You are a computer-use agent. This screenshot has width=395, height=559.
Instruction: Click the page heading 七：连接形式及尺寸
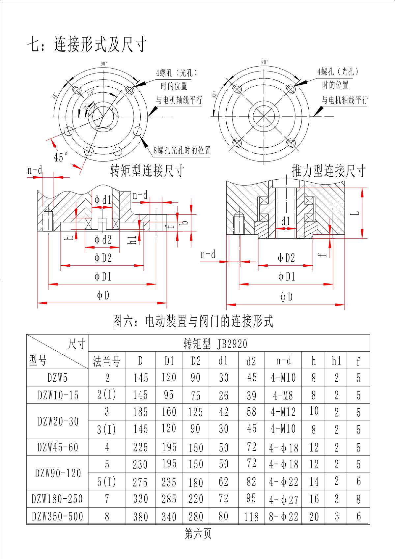pyautogui.click(x=86, y=44)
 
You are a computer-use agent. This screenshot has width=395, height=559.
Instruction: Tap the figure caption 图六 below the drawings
pyautogui.click(x=193, y=321)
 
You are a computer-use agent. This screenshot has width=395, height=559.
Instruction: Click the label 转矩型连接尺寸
pyautogui.click(x=147, y=171)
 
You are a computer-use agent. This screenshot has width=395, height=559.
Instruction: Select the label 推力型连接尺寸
pyautogui.click(x=329, y=171)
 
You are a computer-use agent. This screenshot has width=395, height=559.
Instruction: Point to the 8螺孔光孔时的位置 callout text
pyautogui.click(x=182, y=151)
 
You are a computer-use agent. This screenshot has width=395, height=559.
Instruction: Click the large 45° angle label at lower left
pyautogui.click(x=61, y=157)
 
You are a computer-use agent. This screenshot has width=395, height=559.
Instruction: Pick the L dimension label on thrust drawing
pyautogui.click(x=354, y=213)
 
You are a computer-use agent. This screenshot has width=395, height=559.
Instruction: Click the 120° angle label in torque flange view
pyautogui.click(x=91, y=93)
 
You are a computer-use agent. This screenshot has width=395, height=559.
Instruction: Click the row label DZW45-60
pyautogui.click(x=58, y=447)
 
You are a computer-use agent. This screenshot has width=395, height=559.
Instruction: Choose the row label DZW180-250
pyautogui.click(x=57, y=499)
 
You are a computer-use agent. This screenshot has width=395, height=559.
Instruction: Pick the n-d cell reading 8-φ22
pyautogui.click(x=283, y=516)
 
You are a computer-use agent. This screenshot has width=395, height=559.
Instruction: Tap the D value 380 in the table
pyautogui.click(x=141, y=516)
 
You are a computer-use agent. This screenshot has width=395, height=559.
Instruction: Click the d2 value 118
pyautogui.click(x=251, y=516)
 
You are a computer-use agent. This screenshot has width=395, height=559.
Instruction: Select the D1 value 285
pyautogui.click(x=169, y=499)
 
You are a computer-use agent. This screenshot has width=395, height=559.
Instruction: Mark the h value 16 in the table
pyautogui.click(x=314, y=499)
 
